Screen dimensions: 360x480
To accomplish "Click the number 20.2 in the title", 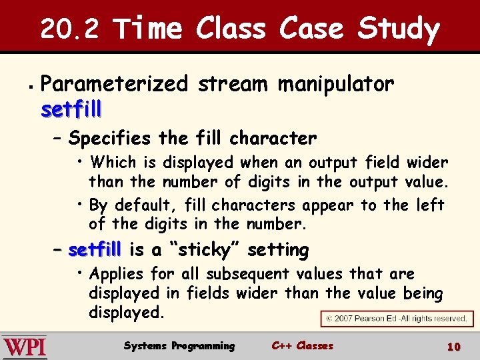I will [69, 29].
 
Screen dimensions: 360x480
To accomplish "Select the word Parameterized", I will [115, 85].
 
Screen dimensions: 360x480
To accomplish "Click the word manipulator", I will [335, 85].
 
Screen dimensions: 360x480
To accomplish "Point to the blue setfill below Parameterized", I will [71, 109].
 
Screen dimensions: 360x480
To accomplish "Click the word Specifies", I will [109, 139].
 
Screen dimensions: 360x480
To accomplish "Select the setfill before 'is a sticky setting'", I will [95, 251].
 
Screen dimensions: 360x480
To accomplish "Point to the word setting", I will [278, 251].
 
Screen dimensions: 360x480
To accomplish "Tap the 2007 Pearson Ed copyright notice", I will [396, 319].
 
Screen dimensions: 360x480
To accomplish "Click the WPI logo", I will [25, 347].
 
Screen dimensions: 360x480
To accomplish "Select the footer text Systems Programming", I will [179, 346].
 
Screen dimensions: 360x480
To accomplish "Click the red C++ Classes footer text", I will [302, 346].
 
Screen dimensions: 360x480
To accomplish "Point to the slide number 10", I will [453, 347].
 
